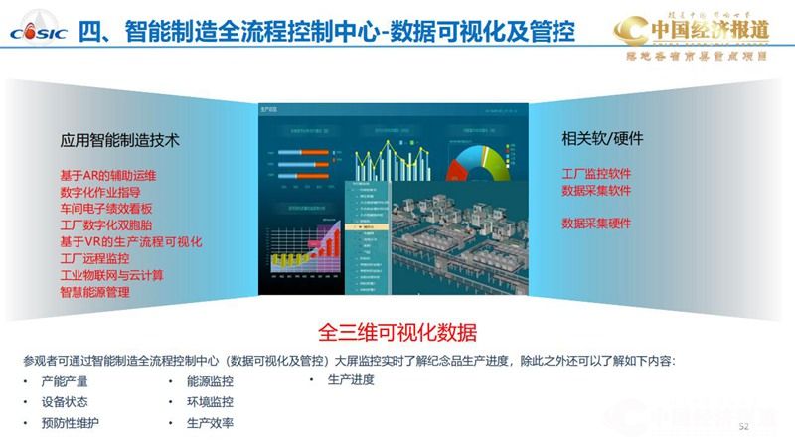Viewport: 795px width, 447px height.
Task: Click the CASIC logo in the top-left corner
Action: [x=38, y=30]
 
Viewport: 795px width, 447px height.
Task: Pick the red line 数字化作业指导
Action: [x=100, y=192]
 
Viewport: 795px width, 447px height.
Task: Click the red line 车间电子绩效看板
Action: [x=106, y=209]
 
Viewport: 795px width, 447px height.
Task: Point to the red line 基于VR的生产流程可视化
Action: [x=131, y=242]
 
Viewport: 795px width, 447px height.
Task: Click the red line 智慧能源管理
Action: [x=94, y=293]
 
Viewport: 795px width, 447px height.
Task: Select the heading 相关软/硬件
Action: [x=603, y=138]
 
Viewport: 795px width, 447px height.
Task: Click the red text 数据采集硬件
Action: [x=596, y=223]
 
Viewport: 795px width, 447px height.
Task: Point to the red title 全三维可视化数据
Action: [x=397, y=331]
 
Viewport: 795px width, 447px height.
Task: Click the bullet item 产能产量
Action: [x=65, y=381]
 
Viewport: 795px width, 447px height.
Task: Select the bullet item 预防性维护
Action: [x=71, y=423]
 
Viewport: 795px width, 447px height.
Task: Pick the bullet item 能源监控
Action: [x=210, y=381]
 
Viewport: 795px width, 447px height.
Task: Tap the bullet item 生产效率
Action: [x=210, y=423]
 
